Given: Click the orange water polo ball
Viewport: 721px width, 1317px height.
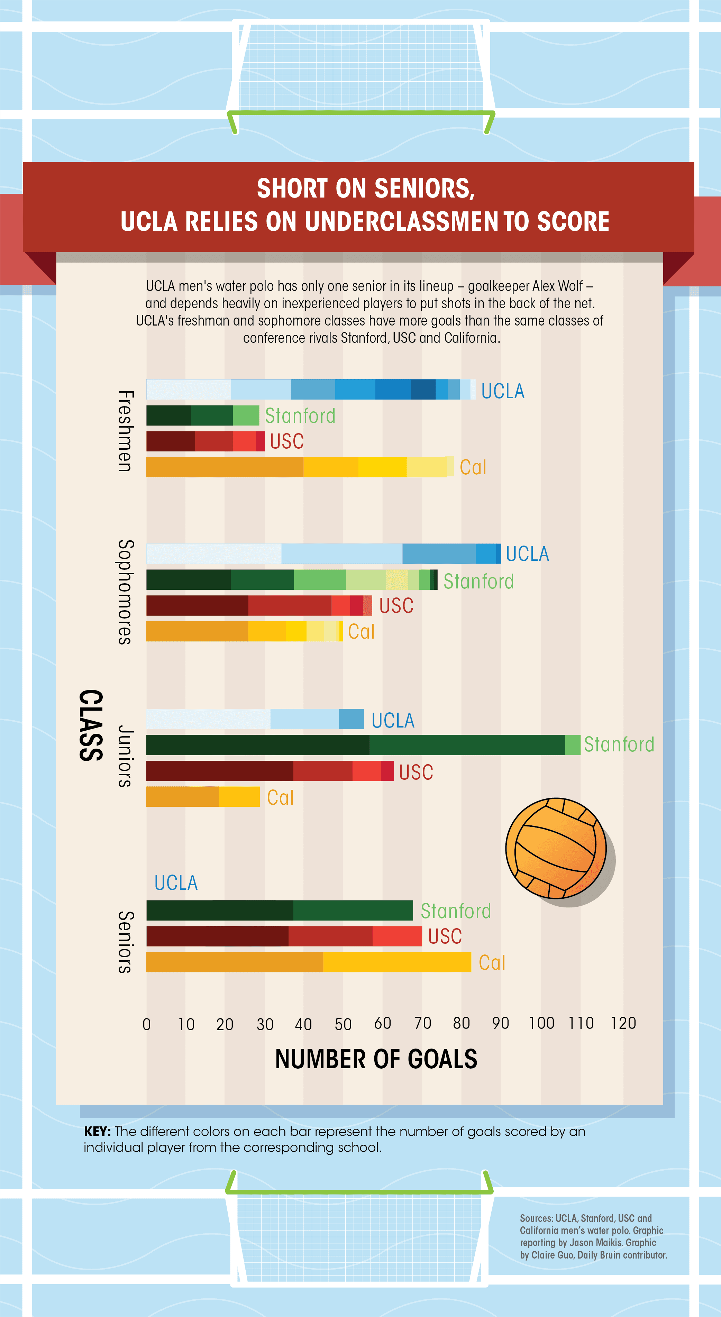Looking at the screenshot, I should [556, 848].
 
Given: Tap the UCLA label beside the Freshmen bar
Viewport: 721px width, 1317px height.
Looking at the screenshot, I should [503, 391].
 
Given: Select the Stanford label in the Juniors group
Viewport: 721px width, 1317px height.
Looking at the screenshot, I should [619, 744].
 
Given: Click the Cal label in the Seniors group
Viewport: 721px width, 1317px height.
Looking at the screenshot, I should [492, 963].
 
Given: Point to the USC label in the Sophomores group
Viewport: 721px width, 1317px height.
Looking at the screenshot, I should [396, 606].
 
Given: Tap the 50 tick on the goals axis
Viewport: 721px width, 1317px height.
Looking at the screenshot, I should [343, 1024].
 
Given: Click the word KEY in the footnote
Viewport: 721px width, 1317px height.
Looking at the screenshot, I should [97, 1132].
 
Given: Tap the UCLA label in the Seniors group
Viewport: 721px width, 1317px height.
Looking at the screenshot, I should [176, 883].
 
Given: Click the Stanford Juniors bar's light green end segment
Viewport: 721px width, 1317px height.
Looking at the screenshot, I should [573, 745].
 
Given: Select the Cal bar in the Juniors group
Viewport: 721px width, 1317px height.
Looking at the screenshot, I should [203, 797].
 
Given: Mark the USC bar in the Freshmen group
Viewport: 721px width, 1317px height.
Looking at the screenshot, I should [206, 441].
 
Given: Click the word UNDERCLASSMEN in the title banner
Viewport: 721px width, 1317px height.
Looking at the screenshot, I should [401, 221].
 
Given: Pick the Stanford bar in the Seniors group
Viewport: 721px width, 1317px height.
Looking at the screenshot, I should [279, 911].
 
